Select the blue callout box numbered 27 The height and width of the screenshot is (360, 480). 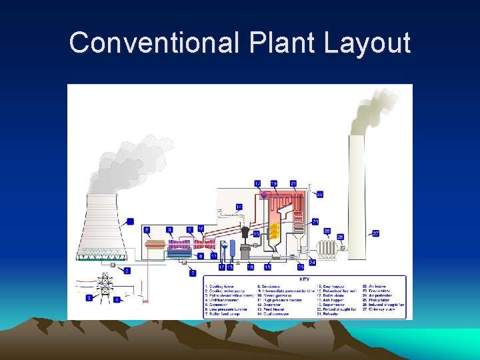[x=376, y=233]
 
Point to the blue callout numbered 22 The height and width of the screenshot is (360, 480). [x=320, y=194]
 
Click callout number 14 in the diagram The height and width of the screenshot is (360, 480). [x=239, y=207]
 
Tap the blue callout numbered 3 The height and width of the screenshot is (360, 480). [x=89, y=298]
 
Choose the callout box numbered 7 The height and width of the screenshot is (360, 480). [x=193, y=273]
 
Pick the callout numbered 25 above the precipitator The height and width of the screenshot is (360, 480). [x=327, y=231]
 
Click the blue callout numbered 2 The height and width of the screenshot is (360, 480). [x=127, y=271]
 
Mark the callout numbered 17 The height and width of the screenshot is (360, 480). [x=257, y=183]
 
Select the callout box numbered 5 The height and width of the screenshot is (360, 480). [x=147, y=230]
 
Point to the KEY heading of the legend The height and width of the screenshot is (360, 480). [x=304, y=279]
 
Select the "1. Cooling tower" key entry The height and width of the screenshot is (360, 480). [x=220, y=286]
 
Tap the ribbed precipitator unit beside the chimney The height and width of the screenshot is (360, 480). [x=327, y=249]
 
